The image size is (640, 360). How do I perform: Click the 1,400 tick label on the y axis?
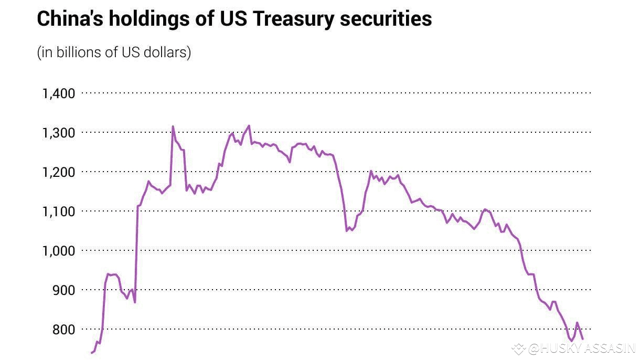click(58, 94)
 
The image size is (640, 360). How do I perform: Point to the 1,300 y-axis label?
click(58, 133)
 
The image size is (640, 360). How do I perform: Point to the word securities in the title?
click(386, 19)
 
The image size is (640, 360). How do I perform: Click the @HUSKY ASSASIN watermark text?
click(581, 348)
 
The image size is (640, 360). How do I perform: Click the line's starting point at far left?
click(92, 353)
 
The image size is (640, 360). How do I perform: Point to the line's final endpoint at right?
click(582, 338)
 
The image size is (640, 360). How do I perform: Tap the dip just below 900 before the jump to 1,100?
click(135, 302)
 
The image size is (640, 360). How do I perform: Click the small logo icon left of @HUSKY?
click(519, 348)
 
